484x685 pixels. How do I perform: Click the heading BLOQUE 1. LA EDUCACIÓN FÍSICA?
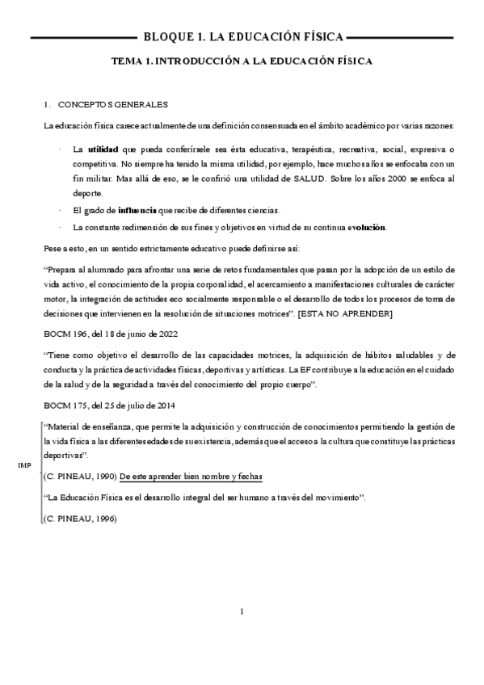pos(242,36)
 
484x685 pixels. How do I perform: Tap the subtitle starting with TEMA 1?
pos(242,60)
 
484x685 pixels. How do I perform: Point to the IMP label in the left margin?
pos(24,466)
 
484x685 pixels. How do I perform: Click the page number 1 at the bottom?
pos(242,611)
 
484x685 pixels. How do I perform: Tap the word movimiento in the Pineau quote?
pos(334,498)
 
